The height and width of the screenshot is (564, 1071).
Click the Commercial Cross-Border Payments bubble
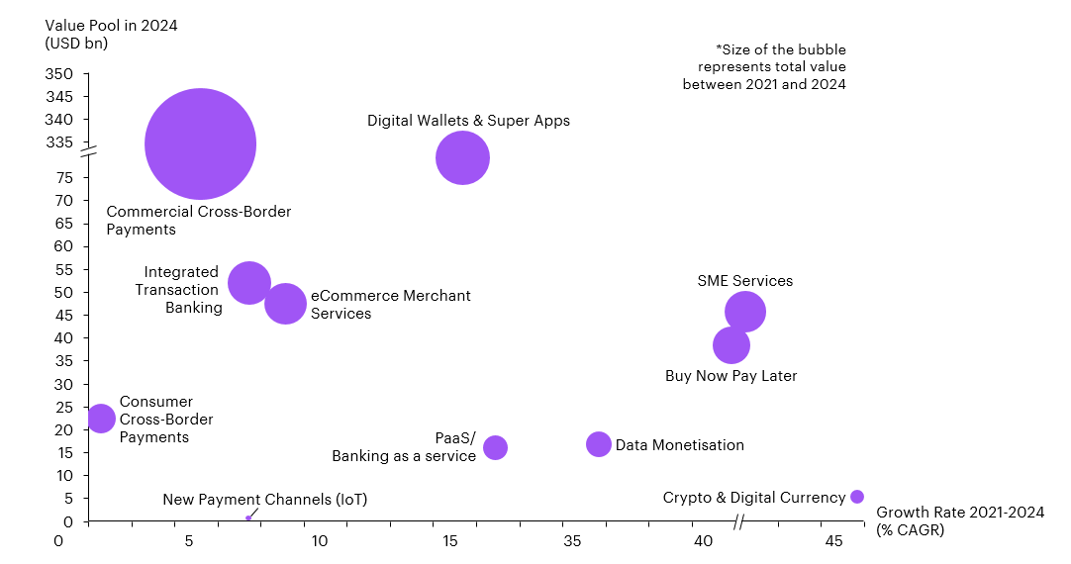(200, 143)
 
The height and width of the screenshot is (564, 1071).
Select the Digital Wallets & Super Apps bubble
(462, 157)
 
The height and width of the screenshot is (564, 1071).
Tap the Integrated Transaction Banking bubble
(249, 283)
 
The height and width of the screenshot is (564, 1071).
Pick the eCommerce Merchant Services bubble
(285, 303)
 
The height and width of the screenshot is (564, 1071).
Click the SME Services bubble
(744, 312)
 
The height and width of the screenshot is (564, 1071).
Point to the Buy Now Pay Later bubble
(730, 345)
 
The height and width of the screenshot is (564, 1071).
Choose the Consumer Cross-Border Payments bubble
(100, 418)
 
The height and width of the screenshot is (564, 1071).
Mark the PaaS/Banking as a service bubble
(495, 447)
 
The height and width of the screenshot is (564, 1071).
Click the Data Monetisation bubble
(599, 444)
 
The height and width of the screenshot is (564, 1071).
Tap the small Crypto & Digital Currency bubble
(857, 497)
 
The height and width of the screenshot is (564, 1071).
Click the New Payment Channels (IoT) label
(264, 500)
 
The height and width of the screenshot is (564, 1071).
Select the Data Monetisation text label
(679, 445)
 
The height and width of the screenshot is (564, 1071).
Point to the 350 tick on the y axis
(58, 74)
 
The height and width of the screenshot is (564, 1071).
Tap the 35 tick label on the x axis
(572, 541)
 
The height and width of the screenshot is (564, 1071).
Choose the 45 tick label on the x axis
(833, 541)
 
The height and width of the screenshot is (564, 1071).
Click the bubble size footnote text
(764, 66)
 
